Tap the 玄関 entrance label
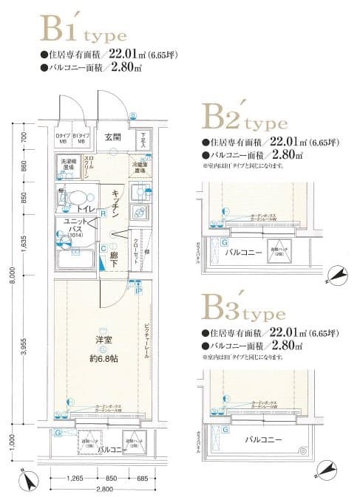(112, 137)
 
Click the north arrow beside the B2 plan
(339, 273)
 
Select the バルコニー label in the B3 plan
(264, 439)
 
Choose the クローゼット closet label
(137, 252)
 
